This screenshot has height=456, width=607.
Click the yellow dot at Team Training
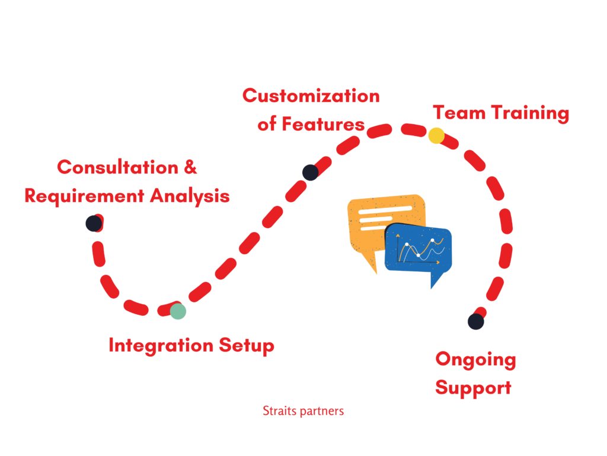[436, 136]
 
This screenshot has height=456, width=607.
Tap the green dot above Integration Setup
[178, 311]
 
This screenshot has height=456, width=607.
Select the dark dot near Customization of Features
[311, 173]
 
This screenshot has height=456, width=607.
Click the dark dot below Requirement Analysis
[94, 224]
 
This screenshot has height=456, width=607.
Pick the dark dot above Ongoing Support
[476, 321]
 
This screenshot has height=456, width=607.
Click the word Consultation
[118, 167]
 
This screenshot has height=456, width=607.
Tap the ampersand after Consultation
[190, 167]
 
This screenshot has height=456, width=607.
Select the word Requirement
[84, 197]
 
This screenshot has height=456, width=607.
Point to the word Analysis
[190, 197]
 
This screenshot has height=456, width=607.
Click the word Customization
[311, 96]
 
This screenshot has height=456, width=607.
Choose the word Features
[323, 125]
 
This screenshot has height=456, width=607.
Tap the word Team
[459, 113]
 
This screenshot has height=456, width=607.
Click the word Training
[531, 114]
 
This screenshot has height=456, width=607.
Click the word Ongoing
[476, 360]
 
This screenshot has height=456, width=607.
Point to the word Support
[473, 388]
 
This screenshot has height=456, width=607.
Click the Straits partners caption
[303, 411]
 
